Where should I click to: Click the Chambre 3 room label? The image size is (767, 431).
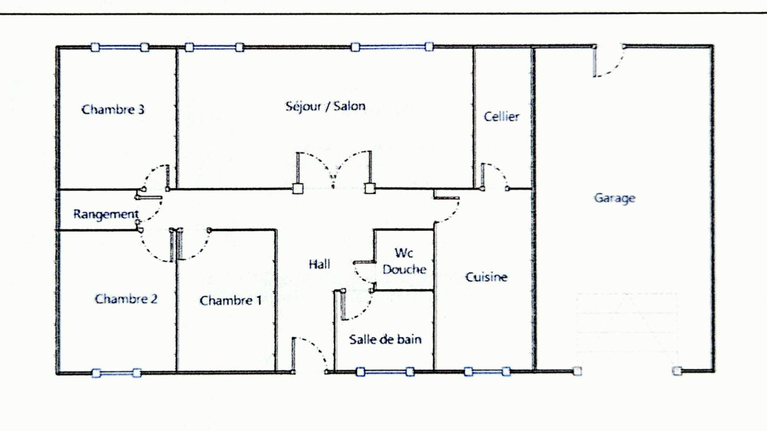113,109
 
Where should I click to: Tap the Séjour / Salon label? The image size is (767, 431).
326,106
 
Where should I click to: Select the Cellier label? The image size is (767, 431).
501,117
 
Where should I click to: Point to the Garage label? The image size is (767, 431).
615,198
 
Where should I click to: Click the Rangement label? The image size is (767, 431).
106,214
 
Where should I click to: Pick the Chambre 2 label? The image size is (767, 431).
126,299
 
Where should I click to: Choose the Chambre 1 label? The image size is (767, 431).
230,301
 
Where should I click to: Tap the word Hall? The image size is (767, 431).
319,264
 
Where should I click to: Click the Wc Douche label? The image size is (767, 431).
405,261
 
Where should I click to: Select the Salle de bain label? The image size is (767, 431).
385,339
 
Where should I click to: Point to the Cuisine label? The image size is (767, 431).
486,277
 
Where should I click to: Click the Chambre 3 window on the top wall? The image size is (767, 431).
120,47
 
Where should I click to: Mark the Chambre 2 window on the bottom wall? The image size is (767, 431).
117,372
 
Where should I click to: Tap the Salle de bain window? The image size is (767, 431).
385,372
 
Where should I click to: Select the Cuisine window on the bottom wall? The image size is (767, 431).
487,372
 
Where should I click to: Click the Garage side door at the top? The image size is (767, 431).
610,60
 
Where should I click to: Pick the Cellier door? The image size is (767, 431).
495,177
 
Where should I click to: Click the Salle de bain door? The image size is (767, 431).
356,305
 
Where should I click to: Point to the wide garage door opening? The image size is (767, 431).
627,371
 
